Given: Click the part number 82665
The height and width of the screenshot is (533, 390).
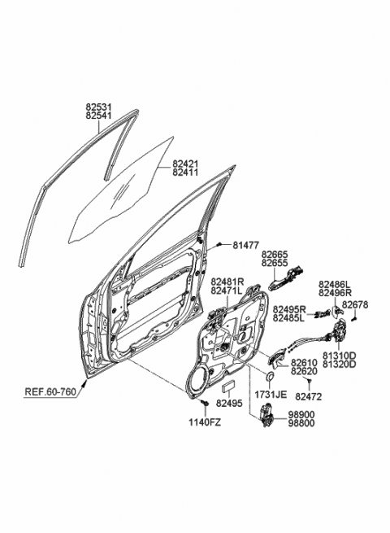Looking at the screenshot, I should tap(275, 254).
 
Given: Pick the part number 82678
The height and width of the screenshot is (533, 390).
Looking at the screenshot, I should tap(355, 304).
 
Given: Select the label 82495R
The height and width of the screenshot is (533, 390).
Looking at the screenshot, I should tap(288, 310).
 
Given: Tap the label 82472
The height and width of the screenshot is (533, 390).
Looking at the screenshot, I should tap(307, 396).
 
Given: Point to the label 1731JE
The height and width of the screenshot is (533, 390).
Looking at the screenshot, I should tap(271, 394).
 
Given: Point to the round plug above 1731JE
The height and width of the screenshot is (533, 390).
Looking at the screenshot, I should tap(269, 377).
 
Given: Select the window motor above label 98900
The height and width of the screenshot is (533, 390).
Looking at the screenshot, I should tap(266, 416).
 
